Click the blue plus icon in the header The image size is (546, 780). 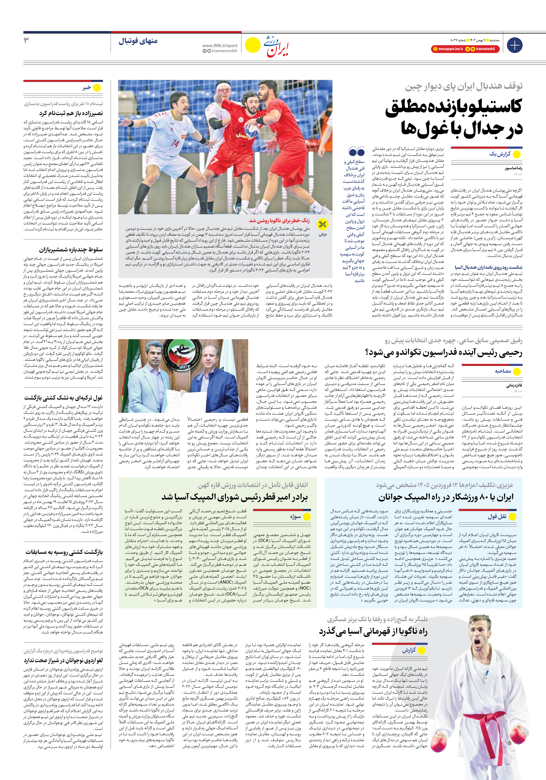[x=514, y=45]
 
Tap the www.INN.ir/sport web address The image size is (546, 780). [x=219, y=45]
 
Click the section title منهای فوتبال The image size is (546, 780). [x=138, y=41]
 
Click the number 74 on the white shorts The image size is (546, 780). [x=175, y=143]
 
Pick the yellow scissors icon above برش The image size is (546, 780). [x=322, y=224]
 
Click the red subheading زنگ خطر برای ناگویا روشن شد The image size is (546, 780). [x=279, y=220]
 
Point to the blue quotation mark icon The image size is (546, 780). [x=356, y=152]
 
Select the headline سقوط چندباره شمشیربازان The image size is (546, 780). [x=71, y=250]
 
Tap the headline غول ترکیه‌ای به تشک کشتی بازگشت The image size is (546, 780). [x=63, y=398]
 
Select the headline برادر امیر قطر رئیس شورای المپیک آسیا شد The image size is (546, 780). [x=234, y=497]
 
